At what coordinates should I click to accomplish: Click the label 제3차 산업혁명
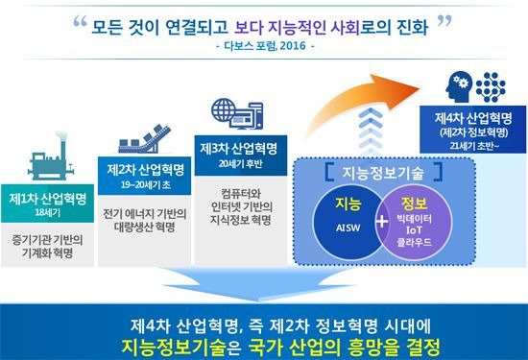pos(236,148)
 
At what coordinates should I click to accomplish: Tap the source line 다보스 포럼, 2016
pos(263,44)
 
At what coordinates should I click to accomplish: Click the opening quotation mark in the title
pos(81,23)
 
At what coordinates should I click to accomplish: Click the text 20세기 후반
pos(236,163)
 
